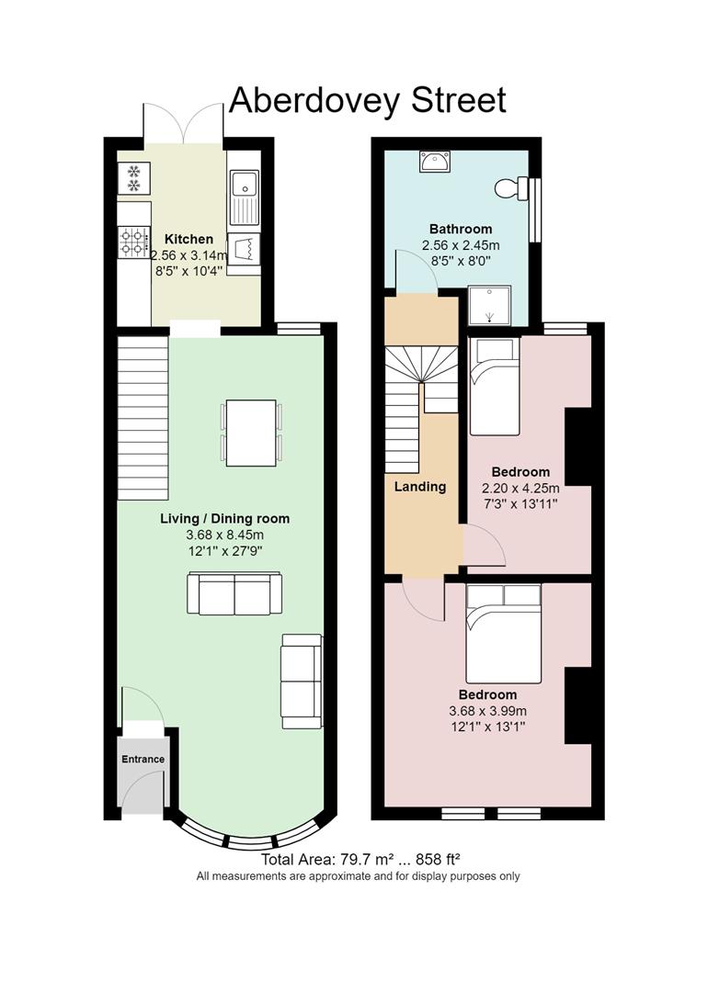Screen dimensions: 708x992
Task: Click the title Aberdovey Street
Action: pyautogui.click(x=367, y=101)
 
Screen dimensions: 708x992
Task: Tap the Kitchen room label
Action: pyautogui.click(x=188, y=239)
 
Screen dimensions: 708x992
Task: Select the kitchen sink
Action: pyautogui.click(x=244, y=197)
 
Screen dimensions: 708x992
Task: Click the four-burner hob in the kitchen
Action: pyautogui.click(x=134, y=242)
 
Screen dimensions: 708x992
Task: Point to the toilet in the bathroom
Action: pyautogui.click(x=514, y=188)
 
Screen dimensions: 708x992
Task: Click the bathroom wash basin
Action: pyautogui.click(x=434, y=162)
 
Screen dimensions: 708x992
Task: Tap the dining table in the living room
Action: pyautogui.click(x=251, y=433)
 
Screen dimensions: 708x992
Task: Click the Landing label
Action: pyautogui.click(x=420, y=487)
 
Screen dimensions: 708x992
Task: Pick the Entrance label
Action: pyautogui.click(x=143, y=760)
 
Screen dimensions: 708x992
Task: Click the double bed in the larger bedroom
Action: pyautogui.click(x=504, y=633)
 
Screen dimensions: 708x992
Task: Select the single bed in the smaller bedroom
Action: pyautogui.click(x=494, y=387)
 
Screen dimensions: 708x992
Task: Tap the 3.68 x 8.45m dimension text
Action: pyautogui.click(x=225, y=535)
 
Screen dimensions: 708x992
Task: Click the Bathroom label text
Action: pyautogui.click(x=461, y=229)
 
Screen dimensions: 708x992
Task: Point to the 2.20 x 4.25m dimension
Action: pyautogui.click(x=520, y=489)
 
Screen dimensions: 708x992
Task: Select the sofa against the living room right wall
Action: pyautogui.click(x=302, y=681)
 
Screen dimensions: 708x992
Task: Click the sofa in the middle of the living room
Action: pyautogui.click(x=234, y=592)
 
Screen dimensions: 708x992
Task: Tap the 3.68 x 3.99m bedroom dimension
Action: pyautogui.click(x=487, y=711)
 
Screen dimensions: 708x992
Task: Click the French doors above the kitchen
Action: pyautogui.click(x=184, y=124)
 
